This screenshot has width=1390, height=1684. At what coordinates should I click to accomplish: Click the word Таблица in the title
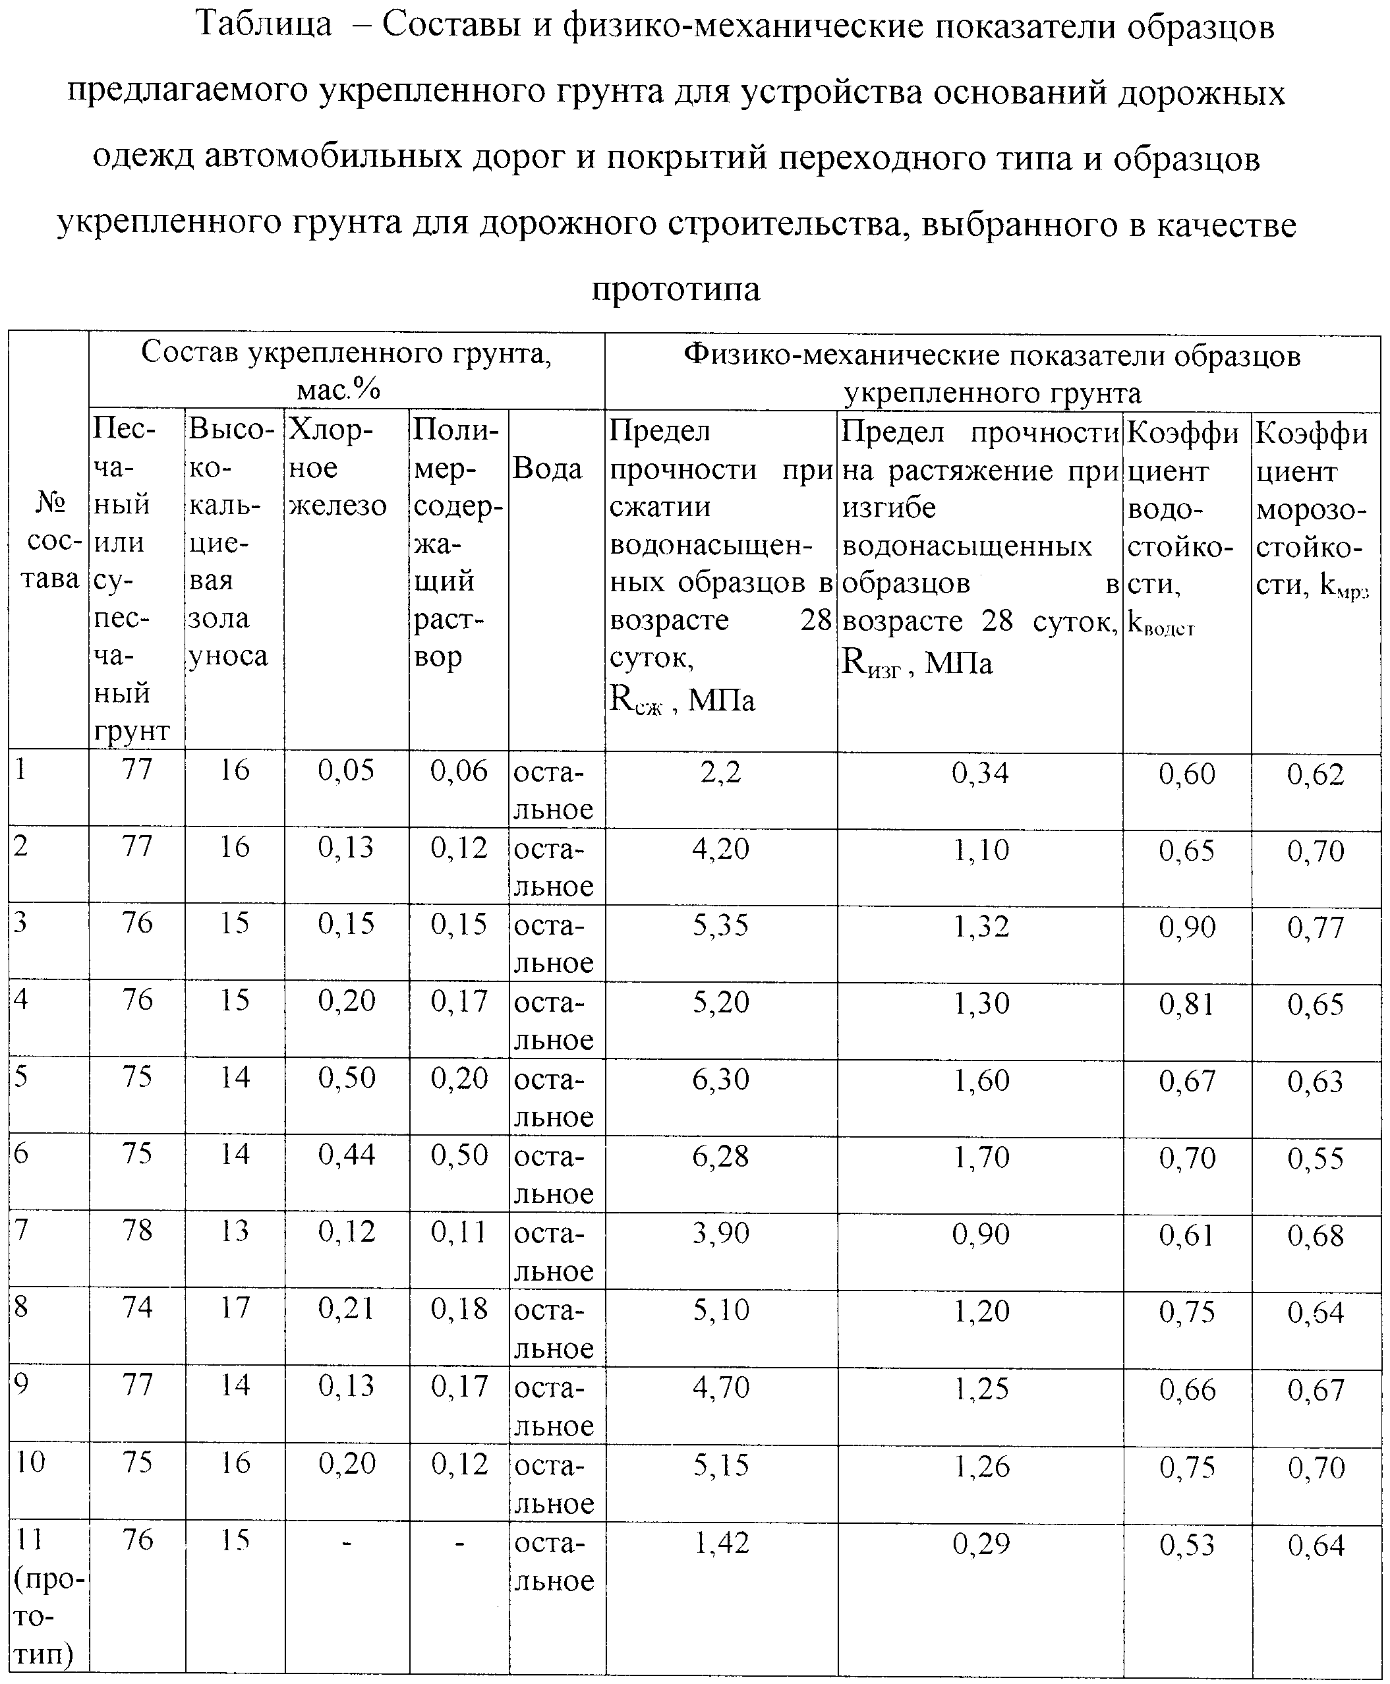(x=264, y=26)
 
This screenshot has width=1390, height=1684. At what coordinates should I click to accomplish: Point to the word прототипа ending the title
(x=675, y=288)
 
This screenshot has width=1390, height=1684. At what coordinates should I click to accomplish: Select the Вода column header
(x=547, y=469)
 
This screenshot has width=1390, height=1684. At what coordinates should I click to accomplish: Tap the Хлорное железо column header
(x=337, y=469)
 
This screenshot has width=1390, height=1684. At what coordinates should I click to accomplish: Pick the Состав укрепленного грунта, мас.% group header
(x=346, y=371)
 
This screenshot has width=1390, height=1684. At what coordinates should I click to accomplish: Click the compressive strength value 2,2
(x=720, y=772)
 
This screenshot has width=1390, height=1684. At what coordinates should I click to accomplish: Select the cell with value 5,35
(x=720, y=925)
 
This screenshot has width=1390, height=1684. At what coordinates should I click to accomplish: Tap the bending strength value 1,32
(x=980, y=925)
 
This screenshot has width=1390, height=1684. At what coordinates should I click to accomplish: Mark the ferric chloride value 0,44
(x=346, y=1155)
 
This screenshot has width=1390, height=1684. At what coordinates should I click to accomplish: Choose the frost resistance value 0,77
(x=1315, y=927)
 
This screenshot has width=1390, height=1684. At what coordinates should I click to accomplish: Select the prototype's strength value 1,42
(x=720, y=1543)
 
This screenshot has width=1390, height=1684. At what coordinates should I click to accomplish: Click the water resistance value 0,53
(x=1186, y=1545)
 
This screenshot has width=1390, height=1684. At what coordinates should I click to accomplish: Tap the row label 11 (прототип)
(x=48, y=1594)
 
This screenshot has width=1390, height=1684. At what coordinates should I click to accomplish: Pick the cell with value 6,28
(x=720, y=1155)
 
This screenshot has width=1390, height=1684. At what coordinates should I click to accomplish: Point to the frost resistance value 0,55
(x=1315, y=1158)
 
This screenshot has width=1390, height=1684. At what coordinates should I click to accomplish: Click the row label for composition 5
(x=22, y=1076)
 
